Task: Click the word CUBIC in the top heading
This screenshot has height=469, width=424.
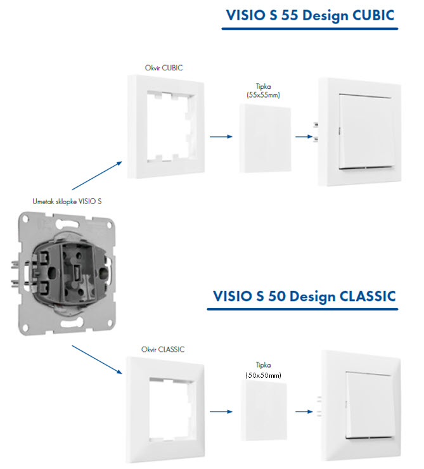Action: click(373, 15)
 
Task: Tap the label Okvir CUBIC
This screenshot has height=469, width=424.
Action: click(164, 68)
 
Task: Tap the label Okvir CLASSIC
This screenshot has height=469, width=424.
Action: click(163, 349)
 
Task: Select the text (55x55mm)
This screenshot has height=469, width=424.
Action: click(263, 95)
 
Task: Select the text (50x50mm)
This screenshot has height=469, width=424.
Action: click(263, 375)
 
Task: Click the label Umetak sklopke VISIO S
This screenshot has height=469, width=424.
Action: click(67, 202)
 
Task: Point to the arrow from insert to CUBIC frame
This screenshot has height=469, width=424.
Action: click(97, 176)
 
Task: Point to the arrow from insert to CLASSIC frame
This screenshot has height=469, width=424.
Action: click(97, 359)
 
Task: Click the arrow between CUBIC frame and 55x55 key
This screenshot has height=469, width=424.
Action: click(221, 137)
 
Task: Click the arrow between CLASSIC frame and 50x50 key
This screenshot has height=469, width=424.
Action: click(221, 411)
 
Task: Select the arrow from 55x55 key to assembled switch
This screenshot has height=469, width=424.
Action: click(304, 137)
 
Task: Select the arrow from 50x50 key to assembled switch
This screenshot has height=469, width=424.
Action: click(304, 411)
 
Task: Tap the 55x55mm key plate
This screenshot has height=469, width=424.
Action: click(265, 138)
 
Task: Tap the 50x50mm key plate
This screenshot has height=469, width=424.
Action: click(264, 411)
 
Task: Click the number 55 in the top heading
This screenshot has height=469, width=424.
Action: click(290, 15)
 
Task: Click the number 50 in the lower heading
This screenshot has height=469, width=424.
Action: click(276, 296)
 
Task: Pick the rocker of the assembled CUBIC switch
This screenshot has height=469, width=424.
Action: click(367, 132)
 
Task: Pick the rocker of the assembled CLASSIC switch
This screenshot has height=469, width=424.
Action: click(369, 405)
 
